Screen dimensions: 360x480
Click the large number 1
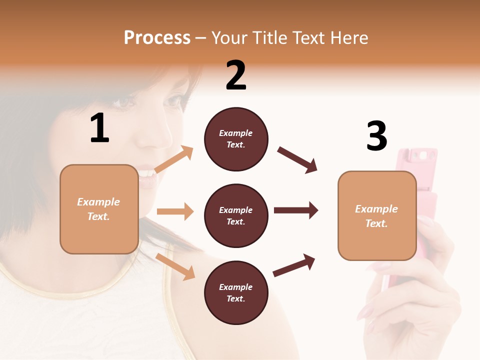pyautogui.click(x=99, y=129)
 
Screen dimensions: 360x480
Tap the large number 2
pyautogui.click(x=236, y=76)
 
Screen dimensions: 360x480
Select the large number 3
pyautogui.click(x=376, y=136)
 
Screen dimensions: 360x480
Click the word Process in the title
pyautogui.click(x=157, y=38)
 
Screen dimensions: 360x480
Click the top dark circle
pyautogui.click(x=236, y=139)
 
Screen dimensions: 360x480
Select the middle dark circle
pyautogui.click(x=236, y=216)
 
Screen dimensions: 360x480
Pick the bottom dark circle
pyautogui.click(x=236, y=293)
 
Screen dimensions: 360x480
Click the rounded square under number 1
pyautogui.click(x=99, y=209)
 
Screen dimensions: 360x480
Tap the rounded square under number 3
pyautogui.click(x=377, y=216)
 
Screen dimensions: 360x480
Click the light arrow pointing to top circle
pyautogui.click(x=174, y=159)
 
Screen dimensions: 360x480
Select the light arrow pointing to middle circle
pyautogui.click(x=175, y=211)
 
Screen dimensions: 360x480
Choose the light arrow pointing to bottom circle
pyautogui.click(x=175, y=266)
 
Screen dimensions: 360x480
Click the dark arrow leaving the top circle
pyautogui.click(x=297, y=160)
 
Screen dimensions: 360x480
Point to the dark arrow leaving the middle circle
pyautogui.click(x=296, y=210)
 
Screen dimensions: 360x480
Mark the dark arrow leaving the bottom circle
pyautogui.click(x=294, y=265)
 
